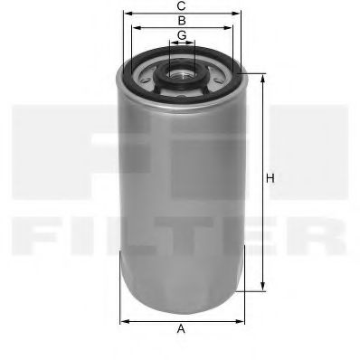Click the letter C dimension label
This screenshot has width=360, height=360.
(182, 6)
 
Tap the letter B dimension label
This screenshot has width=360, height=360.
(182, 20)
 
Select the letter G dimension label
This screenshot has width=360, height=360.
(182, 35)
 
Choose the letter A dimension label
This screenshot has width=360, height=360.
(181, 330)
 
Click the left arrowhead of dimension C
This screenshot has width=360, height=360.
(124, 14)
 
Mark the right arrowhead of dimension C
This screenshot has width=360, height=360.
(242, 14)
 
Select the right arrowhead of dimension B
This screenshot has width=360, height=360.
(232, 28)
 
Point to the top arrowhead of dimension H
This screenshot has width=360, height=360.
(263, 74)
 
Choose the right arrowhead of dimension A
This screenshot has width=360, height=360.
(242, 320)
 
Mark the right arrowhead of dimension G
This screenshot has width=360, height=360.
(194, 43)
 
